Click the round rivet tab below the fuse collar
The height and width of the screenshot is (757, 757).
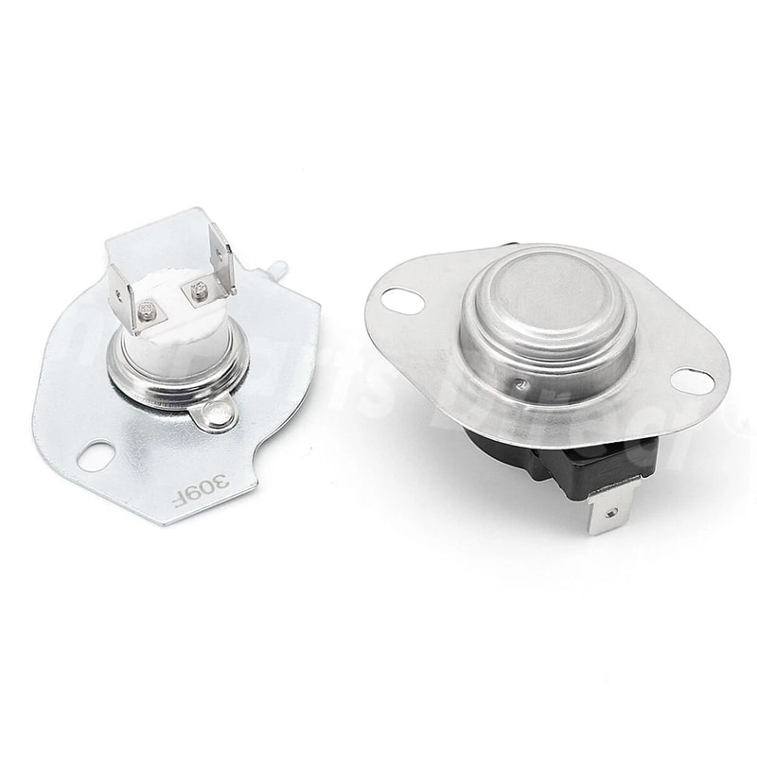(x=220, y=414)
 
